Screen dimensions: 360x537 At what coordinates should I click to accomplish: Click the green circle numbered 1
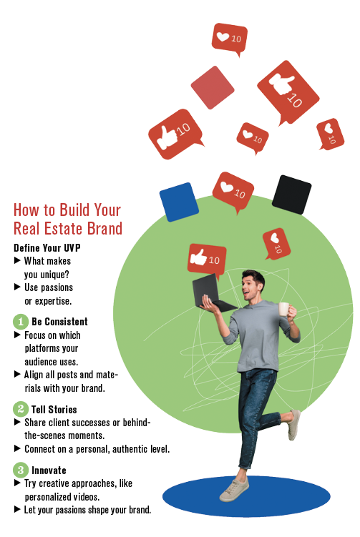coord(21,322)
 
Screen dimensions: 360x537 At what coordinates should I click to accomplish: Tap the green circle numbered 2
coord(21,409)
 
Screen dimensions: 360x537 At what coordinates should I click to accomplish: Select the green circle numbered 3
coord(21,470)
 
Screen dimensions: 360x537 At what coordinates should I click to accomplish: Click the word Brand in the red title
coord(104,228)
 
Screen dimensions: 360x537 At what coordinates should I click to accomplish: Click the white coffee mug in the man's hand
coord(284,309)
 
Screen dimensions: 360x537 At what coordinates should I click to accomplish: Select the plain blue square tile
coord(179,202)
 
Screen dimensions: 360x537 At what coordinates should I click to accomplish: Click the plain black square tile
coord(291,194)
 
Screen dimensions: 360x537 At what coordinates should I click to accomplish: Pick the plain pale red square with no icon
coord(213,88)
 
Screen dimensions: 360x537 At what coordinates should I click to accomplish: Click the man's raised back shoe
coord(294,425)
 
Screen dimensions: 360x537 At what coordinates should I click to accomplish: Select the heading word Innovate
coord(49,471)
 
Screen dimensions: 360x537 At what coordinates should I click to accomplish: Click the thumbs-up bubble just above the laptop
coord(207,260)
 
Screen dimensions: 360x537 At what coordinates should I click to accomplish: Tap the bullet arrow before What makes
coord(17,260)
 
